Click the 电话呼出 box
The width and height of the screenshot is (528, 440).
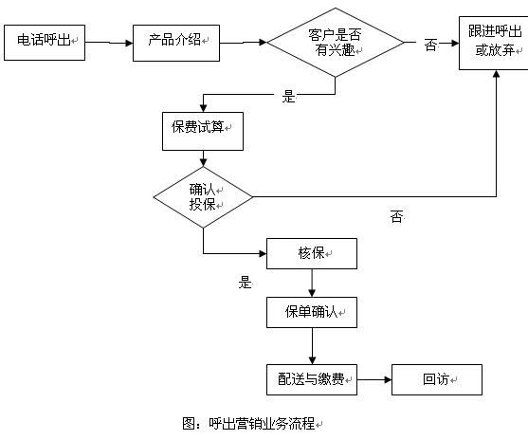pos(45,43)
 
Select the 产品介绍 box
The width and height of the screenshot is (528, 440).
pos(176,43)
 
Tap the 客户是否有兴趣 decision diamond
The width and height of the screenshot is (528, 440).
pos(335,43)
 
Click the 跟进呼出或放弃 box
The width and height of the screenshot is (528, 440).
pos(494,43)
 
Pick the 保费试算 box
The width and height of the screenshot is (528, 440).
pos(203,131)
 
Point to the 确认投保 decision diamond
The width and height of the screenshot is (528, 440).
pos(203,197)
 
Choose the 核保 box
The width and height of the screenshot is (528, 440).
pos(312,253)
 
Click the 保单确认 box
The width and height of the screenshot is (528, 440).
pos(312,312)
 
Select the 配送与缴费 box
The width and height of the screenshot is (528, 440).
pos(312,379)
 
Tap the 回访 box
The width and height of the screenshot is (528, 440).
pos(437,379)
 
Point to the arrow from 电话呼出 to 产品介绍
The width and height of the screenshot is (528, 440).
pos(109,43)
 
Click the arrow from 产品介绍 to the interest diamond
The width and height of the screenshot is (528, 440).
pos(243,43)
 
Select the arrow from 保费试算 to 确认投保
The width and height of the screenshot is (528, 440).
pos(203,158)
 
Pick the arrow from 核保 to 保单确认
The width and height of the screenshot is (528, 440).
pos(312,283)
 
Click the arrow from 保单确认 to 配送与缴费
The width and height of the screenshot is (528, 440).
pos(312,346)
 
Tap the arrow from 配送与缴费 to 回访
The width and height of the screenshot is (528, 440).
pos(374,379)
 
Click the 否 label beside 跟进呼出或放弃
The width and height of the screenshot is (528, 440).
pos(430,45)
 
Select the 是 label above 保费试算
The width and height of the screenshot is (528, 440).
pos(288,97)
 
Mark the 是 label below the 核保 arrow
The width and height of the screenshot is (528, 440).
pos(245,282)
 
